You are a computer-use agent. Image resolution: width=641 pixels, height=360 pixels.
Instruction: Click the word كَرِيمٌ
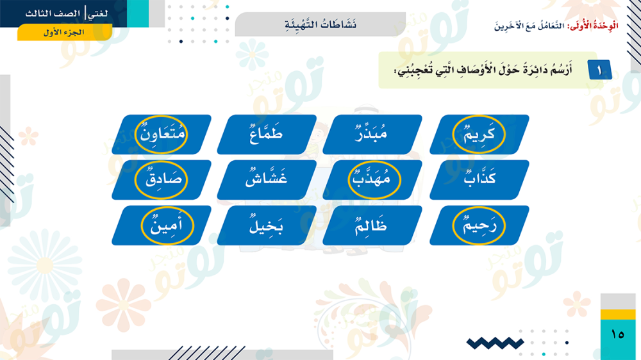[x=479, y=133]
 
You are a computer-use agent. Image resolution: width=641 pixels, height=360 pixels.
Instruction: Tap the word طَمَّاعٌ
[x=266, y=133]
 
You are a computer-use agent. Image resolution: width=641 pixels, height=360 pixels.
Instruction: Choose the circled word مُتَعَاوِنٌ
[x=162, y=133]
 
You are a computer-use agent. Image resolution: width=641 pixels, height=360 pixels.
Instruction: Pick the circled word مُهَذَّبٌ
[x=374, y=178]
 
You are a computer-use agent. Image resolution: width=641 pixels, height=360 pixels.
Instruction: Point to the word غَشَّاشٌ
[x=266, y=178]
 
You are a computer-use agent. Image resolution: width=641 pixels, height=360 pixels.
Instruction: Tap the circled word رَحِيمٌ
[x=479, y=225]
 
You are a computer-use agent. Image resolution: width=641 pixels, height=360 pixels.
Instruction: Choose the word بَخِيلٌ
[x=266, y=225]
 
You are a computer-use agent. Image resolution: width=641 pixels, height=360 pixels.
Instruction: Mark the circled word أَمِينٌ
[x=167, y=225]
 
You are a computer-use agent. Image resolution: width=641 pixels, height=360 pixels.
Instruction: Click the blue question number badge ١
[x=600, y=70]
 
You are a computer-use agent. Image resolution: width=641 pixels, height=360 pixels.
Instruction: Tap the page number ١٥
[x=618, y=334]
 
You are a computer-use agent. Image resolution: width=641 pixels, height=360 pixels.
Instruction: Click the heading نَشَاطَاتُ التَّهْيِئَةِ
[x=320, y=24]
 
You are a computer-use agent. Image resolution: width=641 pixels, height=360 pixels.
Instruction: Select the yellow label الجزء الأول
[x=64, y=32]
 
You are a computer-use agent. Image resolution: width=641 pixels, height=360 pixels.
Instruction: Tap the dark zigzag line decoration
[x=495, y=343]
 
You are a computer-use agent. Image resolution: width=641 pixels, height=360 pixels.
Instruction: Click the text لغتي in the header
[x=98, y=13]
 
